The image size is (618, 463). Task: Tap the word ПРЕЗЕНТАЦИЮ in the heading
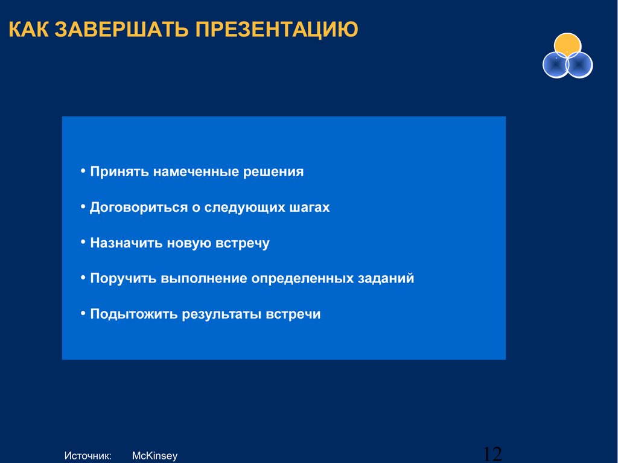276,29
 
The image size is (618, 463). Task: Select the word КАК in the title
28,29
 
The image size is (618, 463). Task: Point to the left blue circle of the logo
556,65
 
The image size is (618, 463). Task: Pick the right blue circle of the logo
579,65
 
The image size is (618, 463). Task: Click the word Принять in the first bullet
119,172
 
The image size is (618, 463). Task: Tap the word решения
273,172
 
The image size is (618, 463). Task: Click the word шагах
310,208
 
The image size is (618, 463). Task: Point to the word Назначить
126,243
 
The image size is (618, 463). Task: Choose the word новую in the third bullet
189,243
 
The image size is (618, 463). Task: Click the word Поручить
123,278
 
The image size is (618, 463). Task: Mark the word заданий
386,278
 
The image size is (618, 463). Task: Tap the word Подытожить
133,315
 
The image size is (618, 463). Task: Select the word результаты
223,315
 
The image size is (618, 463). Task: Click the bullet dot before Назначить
83,241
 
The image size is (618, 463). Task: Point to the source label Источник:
88,456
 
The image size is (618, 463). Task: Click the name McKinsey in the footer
155,456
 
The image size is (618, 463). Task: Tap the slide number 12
492,454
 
